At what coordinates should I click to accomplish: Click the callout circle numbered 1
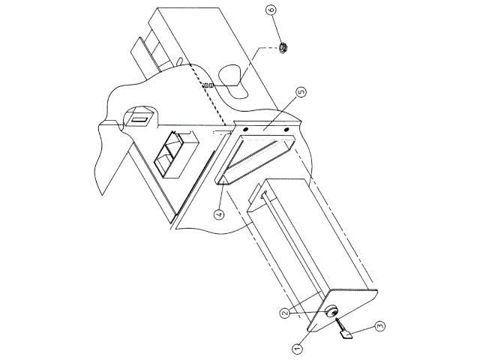[x=298, y=348]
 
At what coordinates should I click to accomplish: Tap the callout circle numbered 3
[x=380, y=326]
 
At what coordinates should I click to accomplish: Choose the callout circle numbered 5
[x=301, y=93]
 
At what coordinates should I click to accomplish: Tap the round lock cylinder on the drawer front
[x=331, y=312]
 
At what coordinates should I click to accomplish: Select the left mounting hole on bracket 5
[x=244, y=129]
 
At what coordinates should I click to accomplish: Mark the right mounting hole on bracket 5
[x=286, y=130]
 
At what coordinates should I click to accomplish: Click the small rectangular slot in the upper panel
[x=139, y=119]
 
